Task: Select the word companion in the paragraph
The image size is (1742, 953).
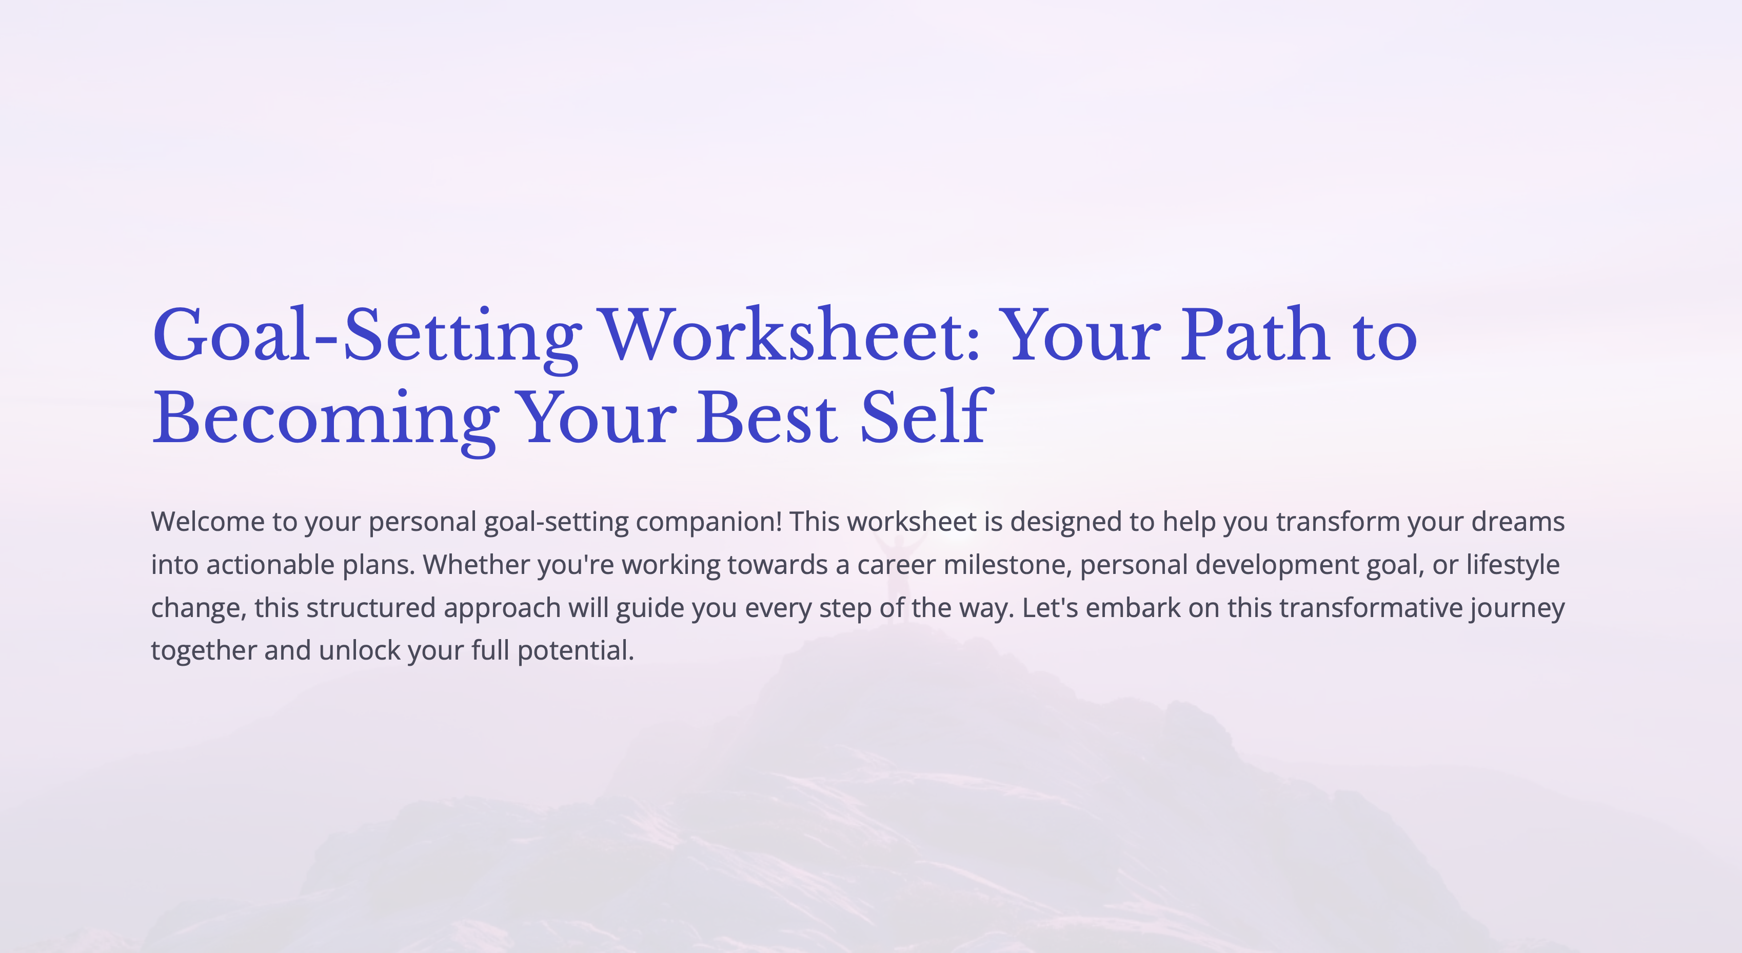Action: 707,522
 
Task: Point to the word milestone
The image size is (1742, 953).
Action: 1007,565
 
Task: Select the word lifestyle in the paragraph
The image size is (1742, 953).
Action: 1513,565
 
